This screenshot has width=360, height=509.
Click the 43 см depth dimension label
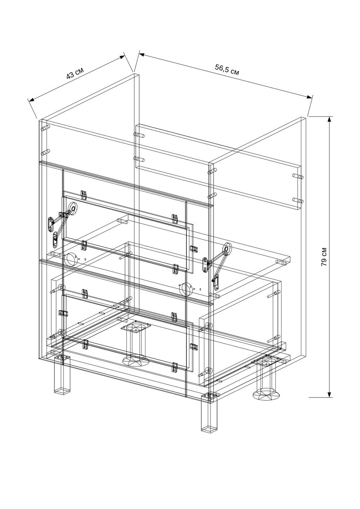click(75, 73)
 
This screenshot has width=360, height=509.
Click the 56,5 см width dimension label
click(227, 69)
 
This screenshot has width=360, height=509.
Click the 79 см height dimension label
click(324, 256)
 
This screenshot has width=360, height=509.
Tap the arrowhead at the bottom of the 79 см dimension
click(329, 394)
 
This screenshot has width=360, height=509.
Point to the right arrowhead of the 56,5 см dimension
click(310, 97)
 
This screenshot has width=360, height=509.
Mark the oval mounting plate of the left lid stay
click(51, 224)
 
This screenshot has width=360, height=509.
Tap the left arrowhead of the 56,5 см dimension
click(142, 55)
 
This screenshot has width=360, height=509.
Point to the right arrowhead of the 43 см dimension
click(122, 57)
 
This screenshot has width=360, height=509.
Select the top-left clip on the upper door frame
click(84, 194)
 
